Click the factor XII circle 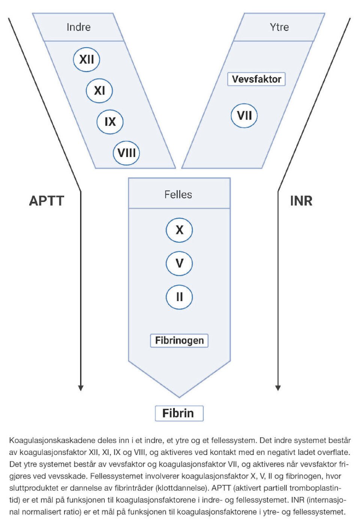coord(87,59)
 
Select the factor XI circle coord(99,90)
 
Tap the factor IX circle coord(110,121)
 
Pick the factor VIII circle coord(126,153)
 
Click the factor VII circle coord(244,115)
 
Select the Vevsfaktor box coord(256,79)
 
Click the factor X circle coord(179,230)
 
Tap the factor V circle coord(179,263)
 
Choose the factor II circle coord(179,297)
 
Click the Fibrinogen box coord(179,340)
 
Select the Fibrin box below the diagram coord(179,413)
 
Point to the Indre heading coord(78,27)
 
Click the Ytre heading coord(279,27)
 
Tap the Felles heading coord(178,195)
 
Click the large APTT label coord(46,201)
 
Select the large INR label coord(301,201)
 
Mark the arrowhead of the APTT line coord(81,388)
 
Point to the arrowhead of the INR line coord(278,388)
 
